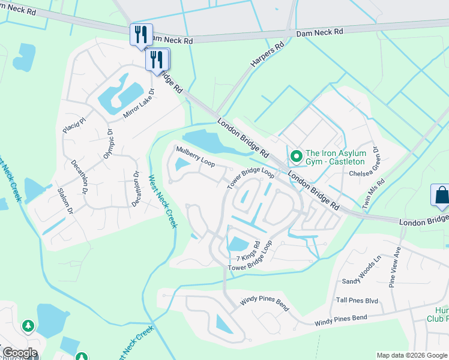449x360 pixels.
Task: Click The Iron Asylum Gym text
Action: coord(335,157)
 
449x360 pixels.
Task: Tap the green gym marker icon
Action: coord(295,157)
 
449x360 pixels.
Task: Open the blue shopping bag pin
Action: coord(441,196)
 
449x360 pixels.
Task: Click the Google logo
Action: coord(19,353)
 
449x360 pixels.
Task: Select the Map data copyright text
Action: coord(411,355)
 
